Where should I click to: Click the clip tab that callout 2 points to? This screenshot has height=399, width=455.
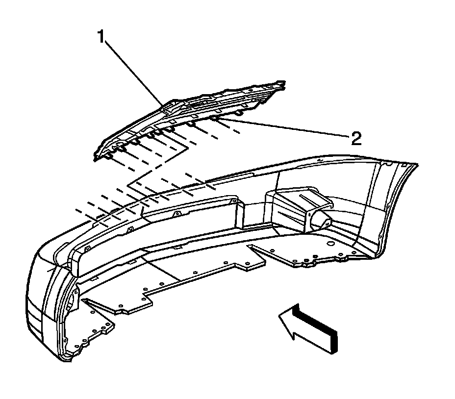[x=216, y=117]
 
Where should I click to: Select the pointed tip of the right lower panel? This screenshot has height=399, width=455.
[x=250, y=246]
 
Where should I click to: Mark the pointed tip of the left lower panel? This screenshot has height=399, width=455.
[x=83, y=299]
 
